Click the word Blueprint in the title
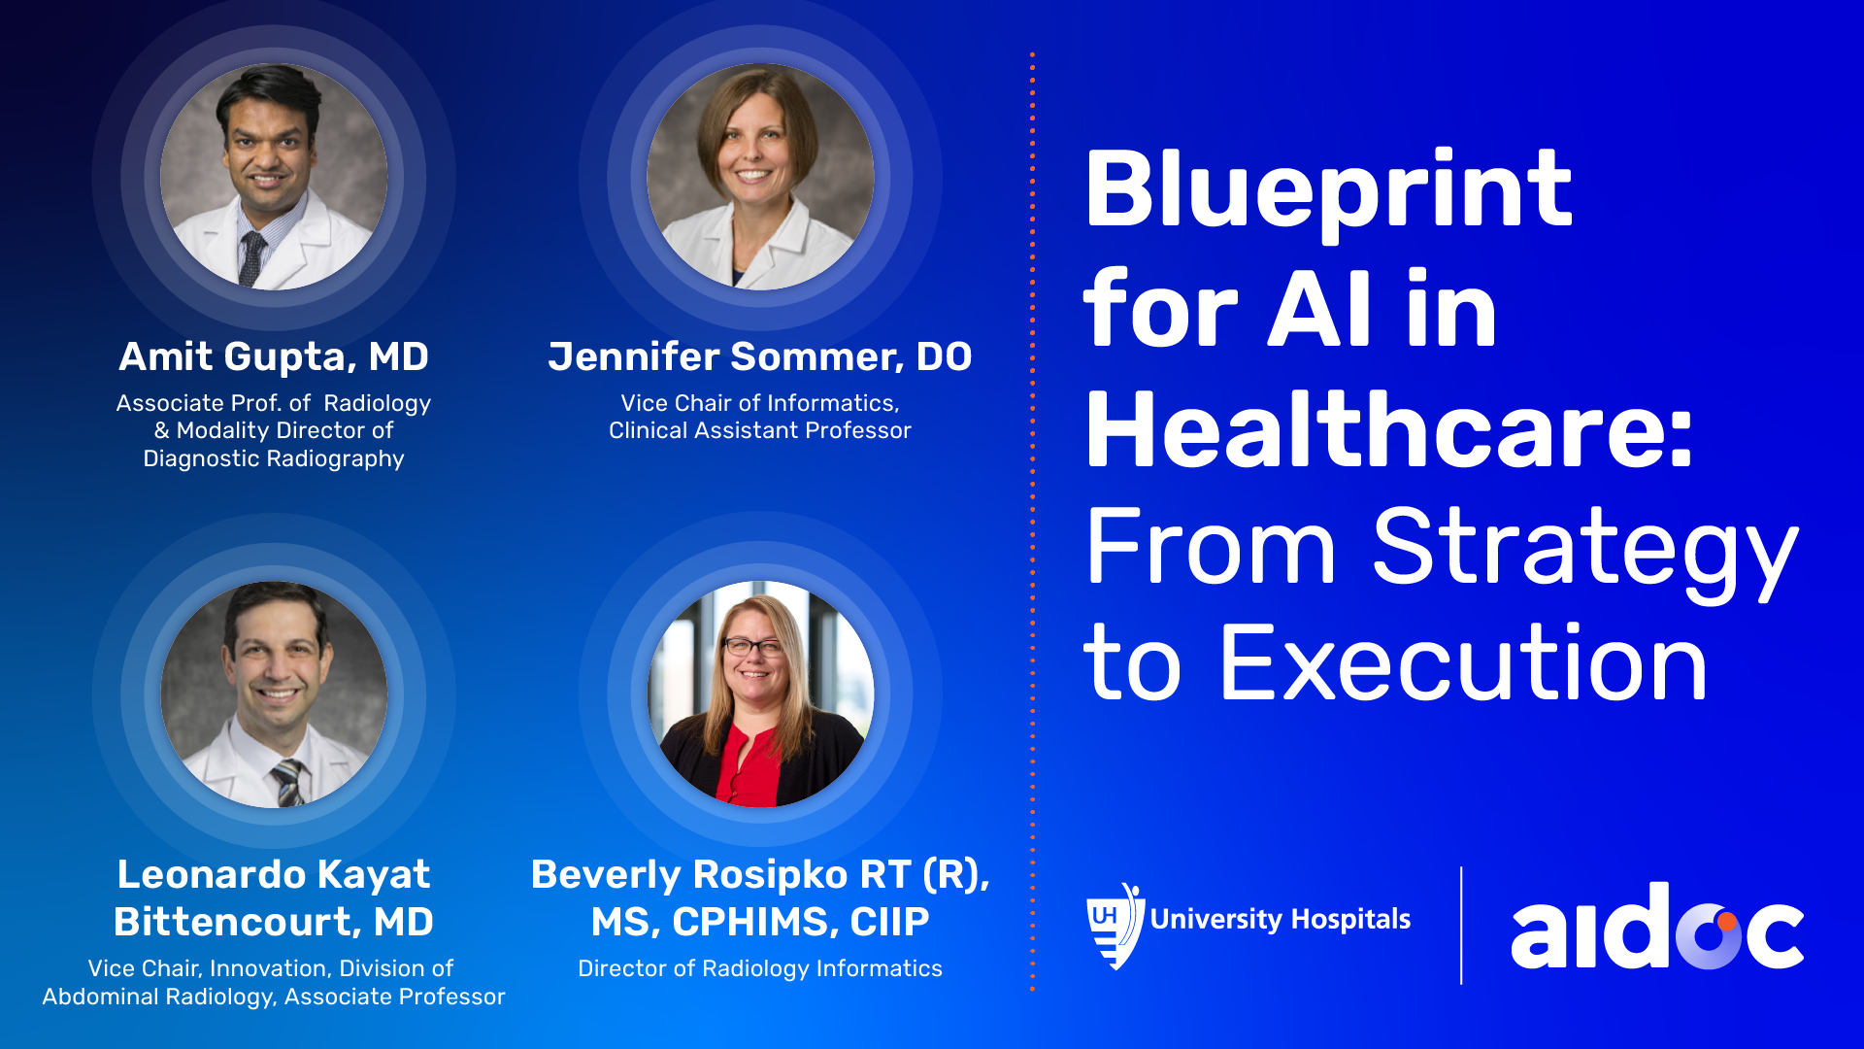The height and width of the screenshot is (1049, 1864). coord(1328,192)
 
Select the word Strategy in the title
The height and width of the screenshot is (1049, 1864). coord(1585,552)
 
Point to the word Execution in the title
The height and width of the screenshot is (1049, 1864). coord(1463,663)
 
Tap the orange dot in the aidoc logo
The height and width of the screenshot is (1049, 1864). coord(1726,922)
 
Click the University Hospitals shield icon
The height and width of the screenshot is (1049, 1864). coord(1115,926)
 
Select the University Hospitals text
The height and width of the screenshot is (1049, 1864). coord(1281,919)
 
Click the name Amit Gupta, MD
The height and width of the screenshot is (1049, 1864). coord(274,356)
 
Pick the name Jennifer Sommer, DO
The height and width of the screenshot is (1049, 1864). coord(759,356)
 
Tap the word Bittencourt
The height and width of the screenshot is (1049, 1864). coord(226,922)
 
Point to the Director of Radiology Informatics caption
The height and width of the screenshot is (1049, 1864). coord(760,968)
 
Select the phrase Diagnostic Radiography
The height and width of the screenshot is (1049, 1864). coord(274,458)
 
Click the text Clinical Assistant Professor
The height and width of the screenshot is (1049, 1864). coord(760,430)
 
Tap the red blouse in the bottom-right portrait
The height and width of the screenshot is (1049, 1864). coord(749,767)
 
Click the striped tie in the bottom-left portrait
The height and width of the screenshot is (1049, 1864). coord(288,783)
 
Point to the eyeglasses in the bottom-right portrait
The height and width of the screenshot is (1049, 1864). coord(752,647)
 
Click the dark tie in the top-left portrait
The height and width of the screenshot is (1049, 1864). coord(252,258)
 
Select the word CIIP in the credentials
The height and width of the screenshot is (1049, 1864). coord(890,922)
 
